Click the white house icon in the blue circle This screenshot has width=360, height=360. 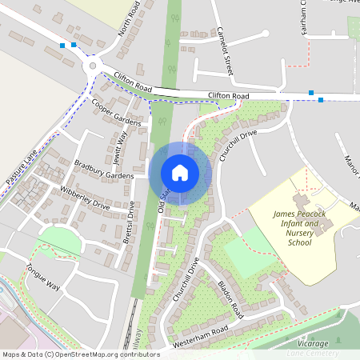click(x=180, y=172)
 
